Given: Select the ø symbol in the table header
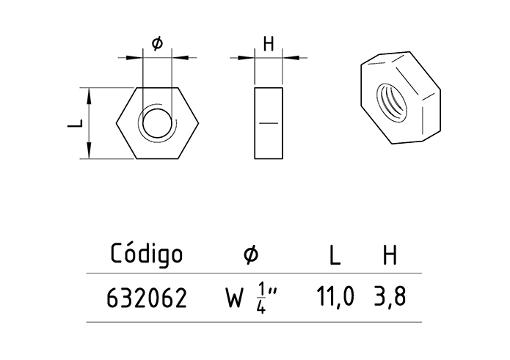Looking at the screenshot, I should (x=250, y=254).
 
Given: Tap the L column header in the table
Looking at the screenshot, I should (x=335, y=255).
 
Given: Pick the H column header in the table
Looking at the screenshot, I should (x=390, y=255).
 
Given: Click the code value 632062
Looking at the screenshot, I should (x=147, y=298).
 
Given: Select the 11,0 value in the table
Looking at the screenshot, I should (x=335, y=297).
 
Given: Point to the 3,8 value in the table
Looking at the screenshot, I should (x=389, y=297).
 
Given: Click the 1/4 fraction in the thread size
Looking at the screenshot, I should (x=262, y=298).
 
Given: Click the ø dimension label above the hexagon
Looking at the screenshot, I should (x=157, y=43).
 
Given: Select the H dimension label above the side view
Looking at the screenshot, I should (x=269, y=43).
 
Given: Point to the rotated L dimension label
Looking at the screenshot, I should (x=74, y=124).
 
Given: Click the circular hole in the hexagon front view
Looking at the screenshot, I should (x=158, y=122).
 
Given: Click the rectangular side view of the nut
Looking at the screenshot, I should (x=269, y=123).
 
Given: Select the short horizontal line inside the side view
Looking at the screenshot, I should (x=269, y=123).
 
